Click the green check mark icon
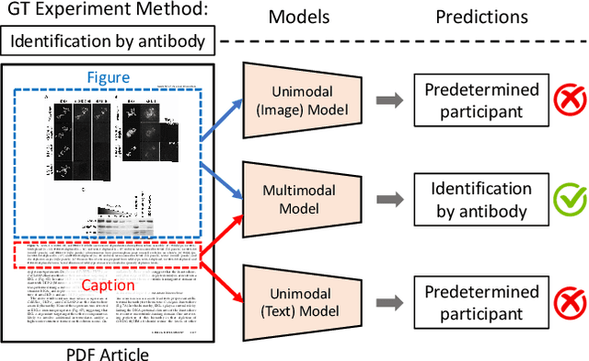(x=558, y=199)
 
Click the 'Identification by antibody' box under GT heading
(x=112, y=41)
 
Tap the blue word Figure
(x=110, y=78)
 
